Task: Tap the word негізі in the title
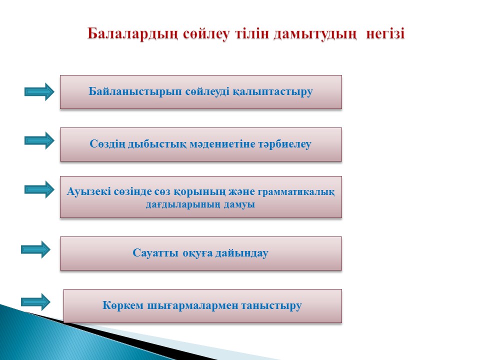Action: (385, 33)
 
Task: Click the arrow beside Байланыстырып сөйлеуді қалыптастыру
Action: (39, 91)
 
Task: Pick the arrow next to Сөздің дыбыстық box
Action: (39, 140)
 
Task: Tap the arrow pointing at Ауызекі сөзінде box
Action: (39, 189)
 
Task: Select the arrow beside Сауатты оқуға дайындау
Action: (35, 249)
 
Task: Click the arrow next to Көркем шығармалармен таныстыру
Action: (35, 302)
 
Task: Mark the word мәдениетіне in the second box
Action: (221, 144)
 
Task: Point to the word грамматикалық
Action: (296, 192)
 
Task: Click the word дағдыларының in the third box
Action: (183, 204)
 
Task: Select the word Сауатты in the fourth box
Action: (155, 253)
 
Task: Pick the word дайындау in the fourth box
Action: (242, 253)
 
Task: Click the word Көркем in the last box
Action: (123, 305)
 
